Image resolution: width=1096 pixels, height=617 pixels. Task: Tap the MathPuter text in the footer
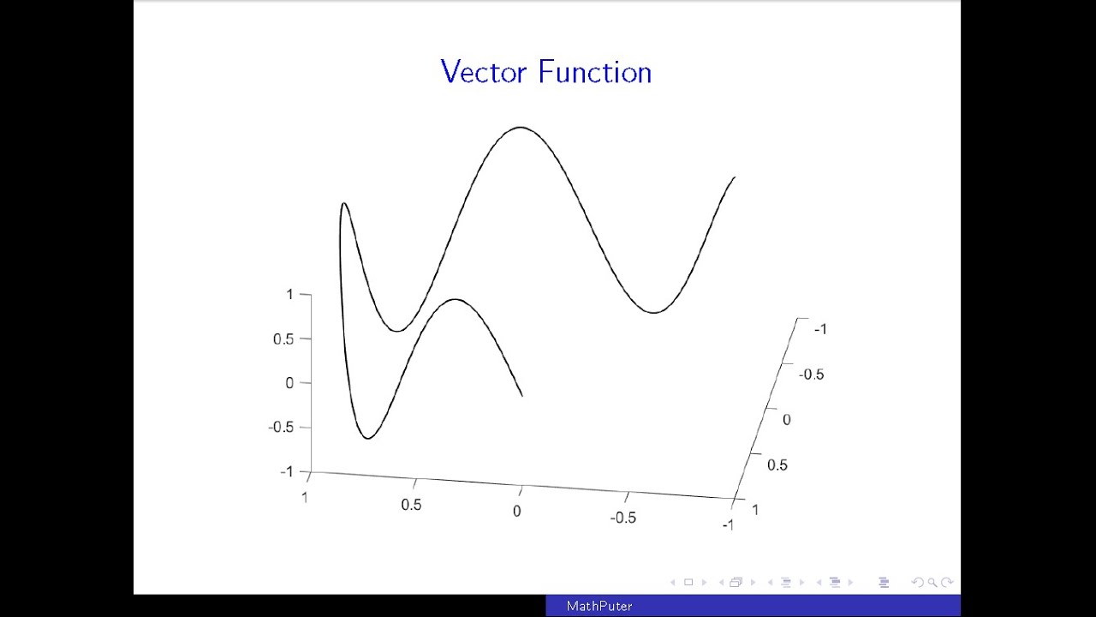click(x=599, y=606)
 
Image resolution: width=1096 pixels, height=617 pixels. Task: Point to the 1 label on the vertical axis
click(x=289, y=295)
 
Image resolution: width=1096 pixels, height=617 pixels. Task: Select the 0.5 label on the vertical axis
click(x=283, y=339)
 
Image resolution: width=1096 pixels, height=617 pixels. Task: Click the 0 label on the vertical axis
click(x=289, y=383)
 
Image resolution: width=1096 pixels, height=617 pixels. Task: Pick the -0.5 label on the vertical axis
click(x=281, y=428)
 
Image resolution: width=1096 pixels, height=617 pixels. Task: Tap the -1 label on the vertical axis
click(x=286, y=472)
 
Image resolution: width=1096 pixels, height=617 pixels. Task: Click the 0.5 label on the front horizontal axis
click(x=411, y=505)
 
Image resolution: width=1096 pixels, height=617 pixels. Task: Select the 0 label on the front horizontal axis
click(x=516, y=512)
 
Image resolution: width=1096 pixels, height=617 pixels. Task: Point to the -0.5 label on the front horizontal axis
click(x=622, y=518)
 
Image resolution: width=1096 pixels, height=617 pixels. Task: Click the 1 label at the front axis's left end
click(x=304, y=497)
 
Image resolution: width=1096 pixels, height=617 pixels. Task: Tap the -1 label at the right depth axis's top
click(x=819, y=329)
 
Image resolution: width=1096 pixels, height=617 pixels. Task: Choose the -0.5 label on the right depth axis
click(x=811, y=374)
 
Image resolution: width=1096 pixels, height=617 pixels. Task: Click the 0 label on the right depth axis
click(x=787, y=420)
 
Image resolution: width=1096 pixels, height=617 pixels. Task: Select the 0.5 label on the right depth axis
click(x=777, y=465)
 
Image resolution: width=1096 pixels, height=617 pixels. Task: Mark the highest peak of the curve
click(x=521, y=127)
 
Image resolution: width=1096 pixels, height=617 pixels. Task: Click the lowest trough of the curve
click(x=368, y=439)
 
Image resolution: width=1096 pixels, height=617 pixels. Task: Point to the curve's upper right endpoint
click(x=735, y=177)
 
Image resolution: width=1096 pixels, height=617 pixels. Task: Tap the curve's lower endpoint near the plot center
click(x=521, y=395)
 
